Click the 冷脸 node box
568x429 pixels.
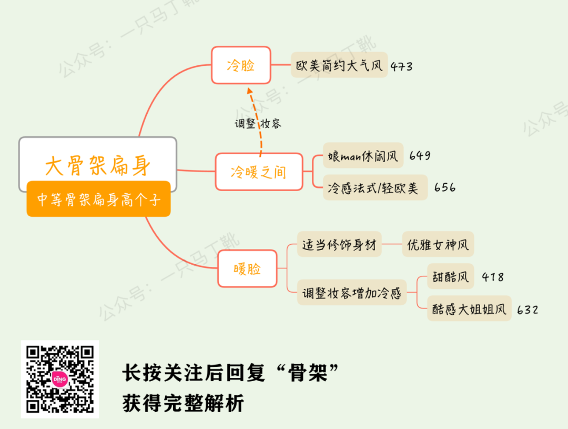tap(241, 65)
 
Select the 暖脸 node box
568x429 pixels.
tap(247, 269)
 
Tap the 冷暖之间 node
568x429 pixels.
tap(259, 172)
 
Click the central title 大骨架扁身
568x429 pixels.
tap(98, 165)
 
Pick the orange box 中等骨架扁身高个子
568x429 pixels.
tap(98, 199)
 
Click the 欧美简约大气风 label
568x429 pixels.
tap(339, 65)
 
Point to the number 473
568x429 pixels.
tap(401, 67)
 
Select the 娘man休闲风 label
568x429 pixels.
tap(363, 156)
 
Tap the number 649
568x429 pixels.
tap(419, 156)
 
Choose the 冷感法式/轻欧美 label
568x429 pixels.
tap(375, 187)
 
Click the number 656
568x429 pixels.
tap(445, 187)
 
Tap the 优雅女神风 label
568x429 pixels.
tap(438, 244)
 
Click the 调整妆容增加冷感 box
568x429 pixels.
tap(352, 293)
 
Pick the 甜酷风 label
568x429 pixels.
tap(450, 276)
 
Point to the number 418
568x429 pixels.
tap(492, 277)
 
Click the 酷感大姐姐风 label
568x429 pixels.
tap(469, 308)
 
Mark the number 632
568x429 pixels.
tap(528, 310)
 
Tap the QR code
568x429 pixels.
tap(60, 378)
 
